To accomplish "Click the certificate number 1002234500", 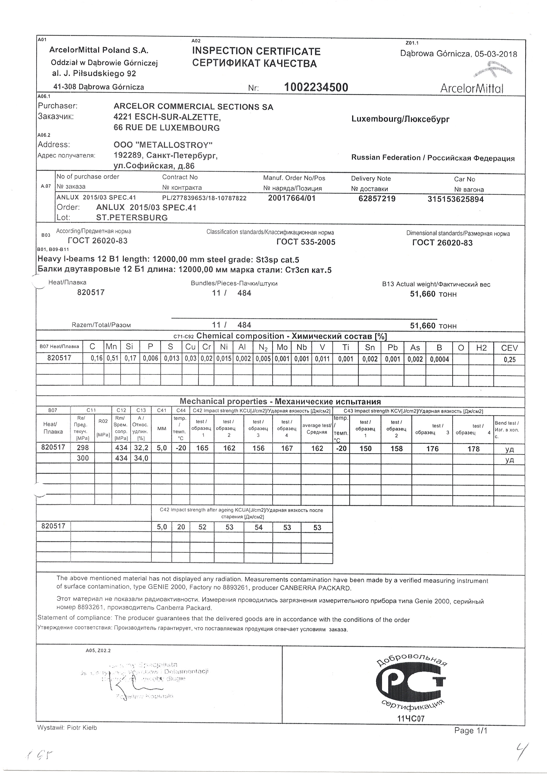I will click(316, 87).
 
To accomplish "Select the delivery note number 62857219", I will click(377, 199).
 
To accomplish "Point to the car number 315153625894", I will click(455, 200).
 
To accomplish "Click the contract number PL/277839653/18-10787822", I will click(204, 198).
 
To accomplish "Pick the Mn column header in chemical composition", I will click(112, 347).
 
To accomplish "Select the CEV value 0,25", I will click(510, 360).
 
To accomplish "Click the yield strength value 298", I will click(83, 448).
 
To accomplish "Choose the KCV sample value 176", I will click(432, 449).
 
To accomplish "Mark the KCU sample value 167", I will click(287, 448).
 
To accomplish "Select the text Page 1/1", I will click(471, 731).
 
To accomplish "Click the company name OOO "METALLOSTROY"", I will click(163, 145).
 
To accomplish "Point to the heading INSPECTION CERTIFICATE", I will click(256, 51).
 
